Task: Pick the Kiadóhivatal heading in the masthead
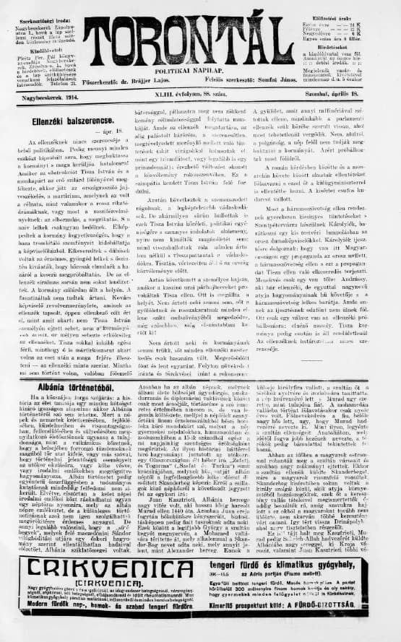click(40, 51)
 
